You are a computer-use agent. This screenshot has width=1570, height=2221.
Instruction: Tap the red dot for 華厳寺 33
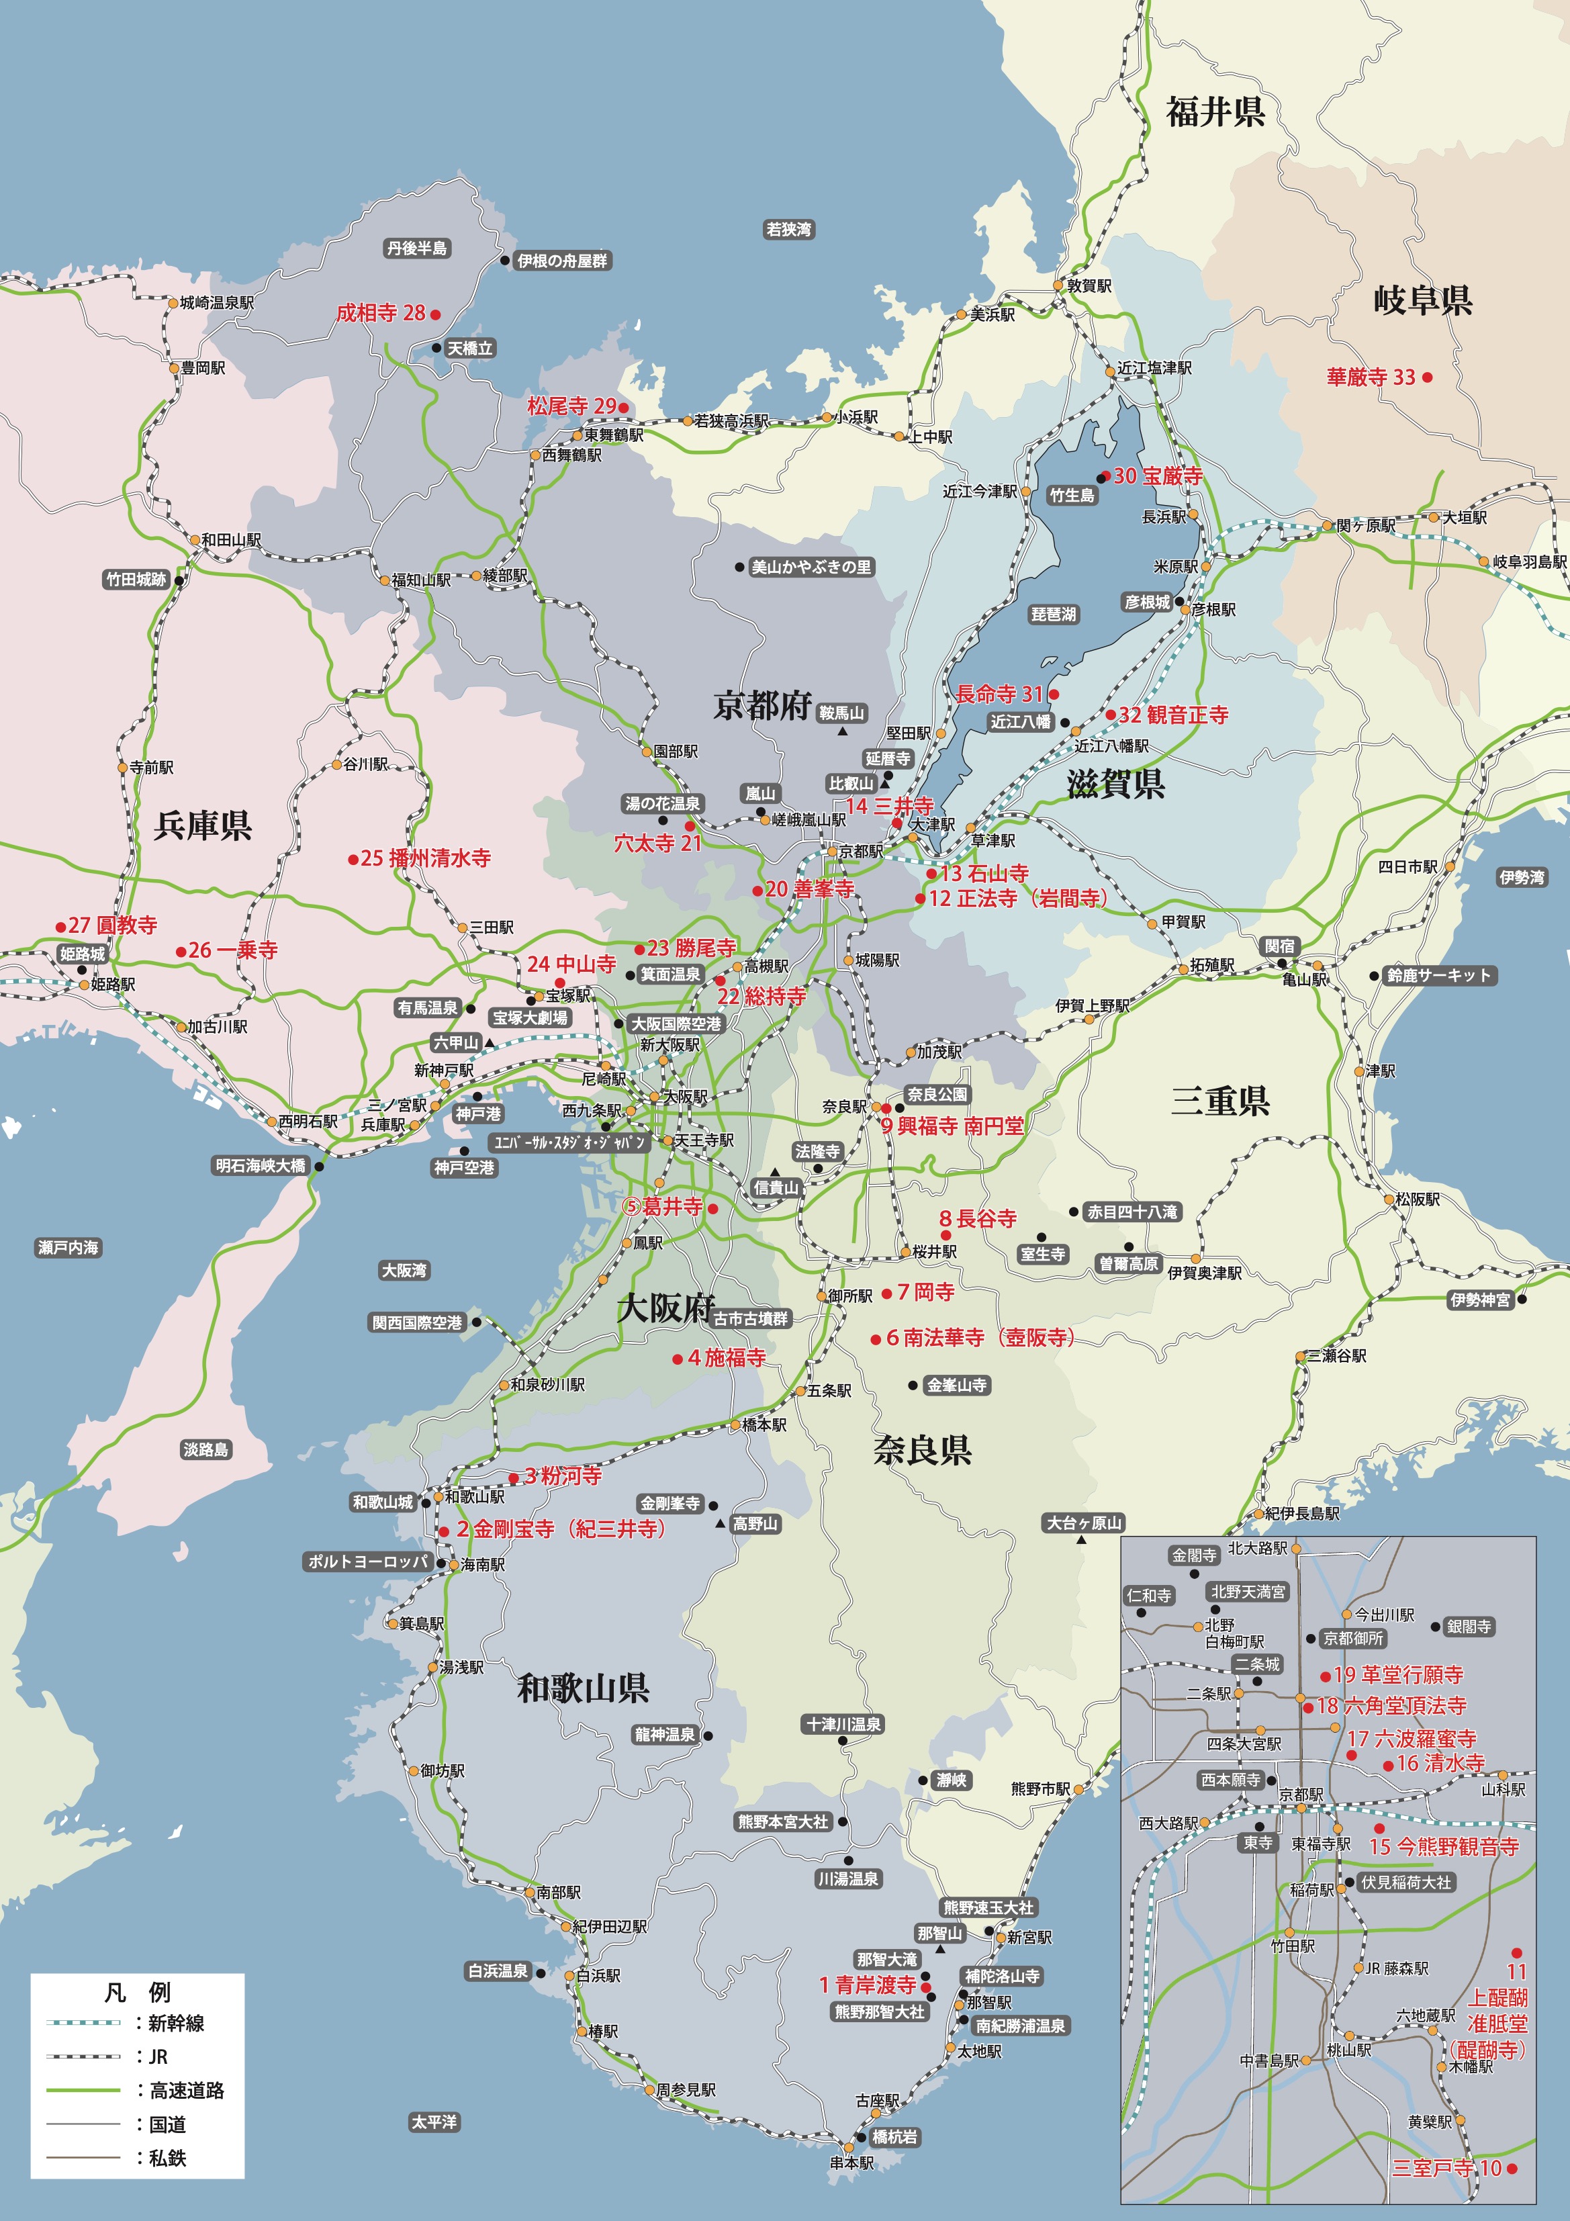[x=1428, y=377]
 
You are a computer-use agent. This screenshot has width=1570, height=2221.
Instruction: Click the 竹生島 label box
[x=1072, y=495]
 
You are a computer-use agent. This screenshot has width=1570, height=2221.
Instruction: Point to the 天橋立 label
[x=470, y=349]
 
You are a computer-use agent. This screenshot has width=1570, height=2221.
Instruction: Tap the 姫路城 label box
[x=82, y=954]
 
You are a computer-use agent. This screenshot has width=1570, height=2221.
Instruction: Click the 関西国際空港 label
[x=418, y=1322]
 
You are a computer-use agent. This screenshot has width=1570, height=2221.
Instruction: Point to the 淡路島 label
[x=206, y=1449]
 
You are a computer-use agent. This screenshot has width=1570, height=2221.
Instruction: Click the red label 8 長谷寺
[x=978, y=1219]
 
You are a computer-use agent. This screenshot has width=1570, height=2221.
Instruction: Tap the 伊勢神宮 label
[x=1480, y=1300]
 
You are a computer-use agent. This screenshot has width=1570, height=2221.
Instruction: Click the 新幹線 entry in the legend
[x=176, y=2023]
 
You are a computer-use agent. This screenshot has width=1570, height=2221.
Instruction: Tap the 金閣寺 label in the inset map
[x=1194, y=1555]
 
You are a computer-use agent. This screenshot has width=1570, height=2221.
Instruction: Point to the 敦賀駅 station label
[x=1089, y=286]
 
